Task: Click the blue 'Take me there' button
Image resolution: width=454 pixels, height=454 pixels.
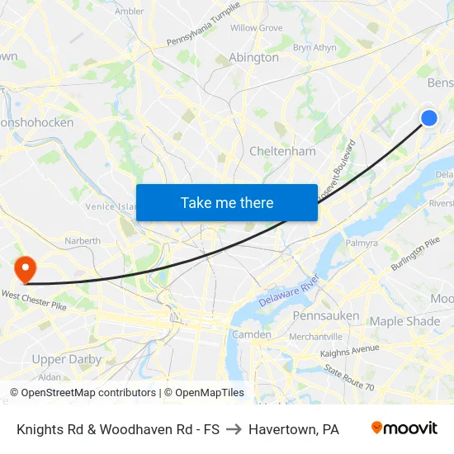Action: (x=227, y=202)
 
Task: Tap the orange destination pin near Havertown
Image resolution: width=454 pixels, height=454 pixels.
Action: (x=25, y=267)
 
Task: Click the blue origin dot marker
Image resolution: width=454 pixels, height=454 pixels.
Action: (x=428, y=118)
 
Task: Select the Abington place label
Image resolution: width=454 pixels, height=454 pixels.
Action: (x=253, y=58)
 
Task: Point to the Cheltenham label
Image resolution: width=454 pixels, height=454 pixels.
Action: (x=282, y=151)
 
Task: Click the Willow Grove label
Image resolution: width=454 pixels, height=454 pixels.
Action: (x=256, y=28)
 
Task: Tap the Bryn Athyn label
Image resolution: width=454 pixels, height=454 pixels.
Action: (x=314, y=48)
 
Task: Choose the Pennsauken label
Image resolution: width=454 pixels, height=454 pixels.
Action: (x=326, y=315)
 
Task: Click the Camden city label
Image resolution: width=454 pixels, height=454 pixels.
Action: (x=251, y=334)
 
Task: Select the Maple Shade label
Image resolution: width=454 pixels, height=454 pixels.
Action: (x=404, y=320)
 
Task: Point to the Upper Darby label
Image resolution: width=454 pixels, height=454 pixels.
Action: (x=66, y=359)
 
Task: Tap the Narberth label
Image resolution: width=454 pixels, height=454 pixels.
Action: (x=83, y=241)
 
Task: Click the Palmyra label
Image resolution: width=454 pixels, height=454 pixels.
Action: (x=362, y=244)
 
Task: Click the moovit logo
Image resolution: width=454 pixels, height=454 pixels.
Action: (x=404, y=428)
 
